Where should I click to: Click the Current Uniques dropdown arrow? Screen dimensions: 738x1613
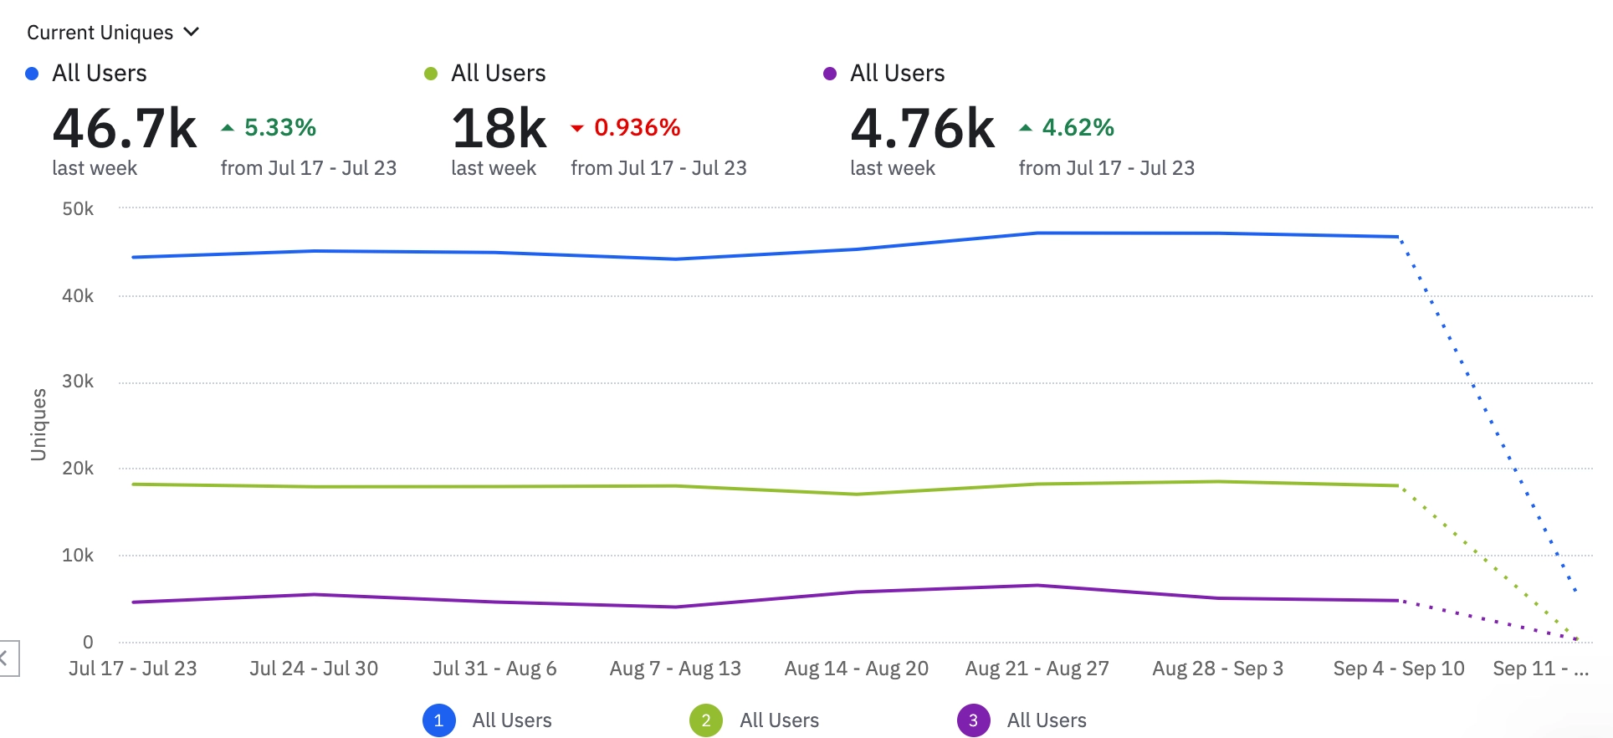(x=192, y=32)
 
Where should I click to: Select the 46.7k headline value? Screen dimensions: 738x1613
(x=125, y=129)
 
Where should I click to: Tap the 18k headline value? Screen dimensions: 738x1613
(x=499, y=129)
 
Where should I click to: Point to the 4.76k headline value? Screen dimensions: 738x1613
(x=923, y=129)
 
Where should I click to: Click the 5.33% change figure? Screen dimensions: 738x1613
(x=279, y=127)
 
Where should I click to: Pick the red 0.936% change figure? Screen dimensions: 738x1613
(x=637, y=127)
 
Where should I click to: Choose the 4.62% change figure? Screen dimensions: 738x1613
(x=1078, y=127)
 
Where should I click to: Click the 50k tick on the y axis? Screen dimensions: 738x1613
(x=78, y=209)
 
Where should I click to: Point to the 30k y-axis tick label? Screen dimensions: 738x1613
(x=78, y=382)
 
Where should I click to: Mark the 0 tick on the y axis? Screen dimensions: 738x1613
(x=88, y=642)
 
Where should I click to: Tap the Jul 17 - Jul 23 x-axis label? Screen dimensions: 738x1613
(x=133, y=669)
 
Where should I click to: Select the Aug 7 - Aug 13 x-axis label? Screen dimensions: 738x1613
(x=675, y=669)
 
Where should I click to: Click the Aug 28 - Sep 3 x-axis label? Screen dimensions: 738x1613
(x=1217, y=669)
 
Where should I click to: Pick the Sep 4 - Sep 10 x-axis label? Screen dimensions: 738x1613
(x=1399, y=669)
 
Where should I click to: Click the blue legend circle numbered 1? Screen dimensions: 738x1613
(x=439, y=720)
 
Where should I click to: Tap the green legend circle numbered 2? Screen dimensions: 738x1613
(x=706, y=720)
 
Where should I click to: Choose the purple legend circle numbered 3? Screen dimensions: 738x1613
(x=973, y=720)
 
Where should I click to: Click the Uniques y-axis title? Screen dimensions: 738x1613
(x=38, y=424)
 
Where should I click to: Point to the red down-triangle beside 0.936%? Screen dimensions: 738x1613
(x=576, y=128)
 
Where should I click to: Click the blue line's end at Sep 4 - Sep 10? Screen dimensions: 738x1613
(x=1398, y=237)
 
